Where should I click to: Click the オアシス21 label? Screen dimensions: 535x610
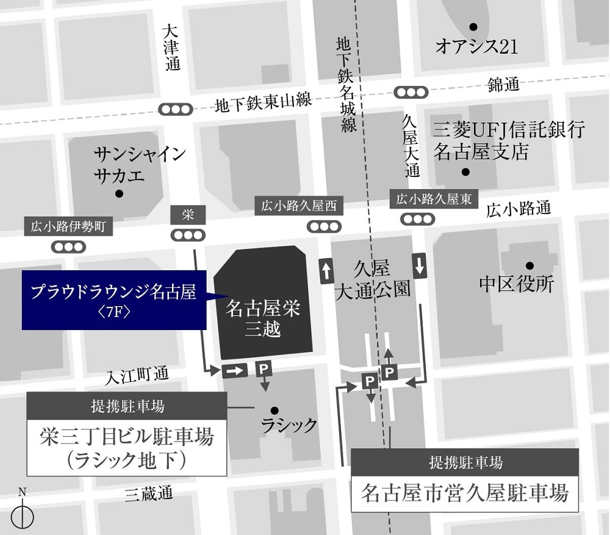coord(476,47)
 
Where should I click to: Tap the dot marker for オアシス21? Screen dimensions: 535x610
coord(473,27)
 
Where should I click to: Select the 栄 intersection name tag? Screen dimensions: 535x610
coord(188,214)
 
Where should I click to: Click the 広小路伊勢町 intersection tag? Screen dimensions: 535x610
coord(69,228)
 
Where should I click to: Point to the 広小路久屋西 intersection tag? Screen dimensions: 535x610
coord(299,206)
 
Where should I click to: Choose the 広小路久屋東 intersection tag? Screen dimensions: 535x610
coord(434,199)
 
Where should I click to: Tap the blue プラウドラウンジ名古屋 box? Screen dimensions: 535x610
coord(114,300)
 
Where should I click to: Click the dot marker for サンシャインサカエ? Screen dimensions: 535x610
coord(119,194)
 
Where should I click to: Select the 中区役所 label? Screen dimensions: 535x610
coord(516,284)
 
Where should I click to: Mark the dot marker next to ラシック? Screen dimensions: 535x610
coord(274,410)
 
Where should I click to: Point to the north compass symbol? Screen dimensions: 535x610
coord(23,516)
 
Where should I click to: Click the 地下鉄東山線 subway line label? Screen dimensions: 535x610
coord(263,104)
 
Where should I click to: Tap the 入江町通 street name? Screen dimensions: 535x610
coord(137,375)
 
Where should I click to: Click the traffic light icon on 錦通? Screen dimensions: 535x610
coord(411,92)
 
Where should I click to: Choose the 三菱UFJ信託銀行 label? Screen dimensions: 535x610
coord(509,129)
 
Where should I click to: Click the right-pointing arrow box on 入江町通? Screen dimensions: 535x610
coord(235,370)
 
